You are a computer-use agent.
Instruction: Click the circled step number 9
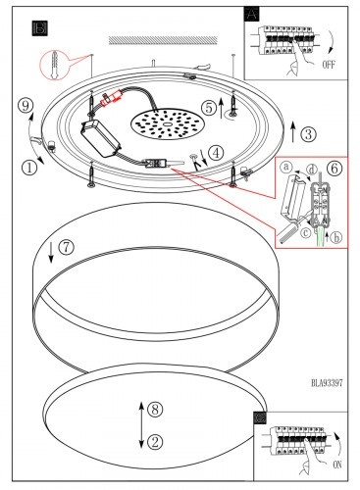(x=26, y=106)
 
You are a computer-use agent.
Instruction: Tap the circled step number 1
(x=29, y=168)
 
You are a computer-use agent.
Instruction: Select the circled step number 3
(x=308, y=134)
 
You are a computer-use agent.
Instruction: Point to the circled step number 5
(x=209, y=108)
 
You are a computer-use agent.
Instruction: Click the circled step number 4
(x=216, y=153)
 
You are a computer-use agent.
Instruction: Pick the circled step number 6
(x=334, y=168)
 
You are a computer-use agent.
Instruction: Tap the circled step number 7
(x=66, y=247)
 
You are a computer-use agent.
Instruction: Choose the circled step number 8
(x=155, y=409)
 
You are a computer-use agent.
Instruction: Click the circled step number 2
(x=155, y=442)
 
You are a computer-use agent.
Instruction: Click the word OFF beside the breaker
(x=329, y=65)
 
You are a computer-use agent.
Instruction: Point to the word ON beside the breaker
(x=337, y=465)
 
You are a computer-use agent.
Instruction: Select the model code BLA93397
(x=327, y=382)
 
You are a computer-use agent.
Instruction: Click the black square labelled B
(x=40, y=28)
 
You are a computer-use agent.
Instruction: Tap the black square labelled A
(x=251, y=14)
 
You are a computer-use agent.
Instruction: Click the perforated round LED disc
(x=168, y=125)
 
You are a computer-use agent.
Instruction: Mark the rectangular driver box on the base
(x=101, y=138)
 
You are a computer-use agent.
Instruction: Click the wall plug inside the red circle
(x=55, y=65)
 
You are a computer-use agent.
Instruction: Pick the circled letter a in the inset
(x=286, y=168)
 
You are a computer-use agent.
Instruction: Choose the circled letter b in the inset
(x=335, y=237)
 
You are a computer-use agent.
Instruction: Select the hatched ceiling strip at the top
(x=163, y=40)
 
